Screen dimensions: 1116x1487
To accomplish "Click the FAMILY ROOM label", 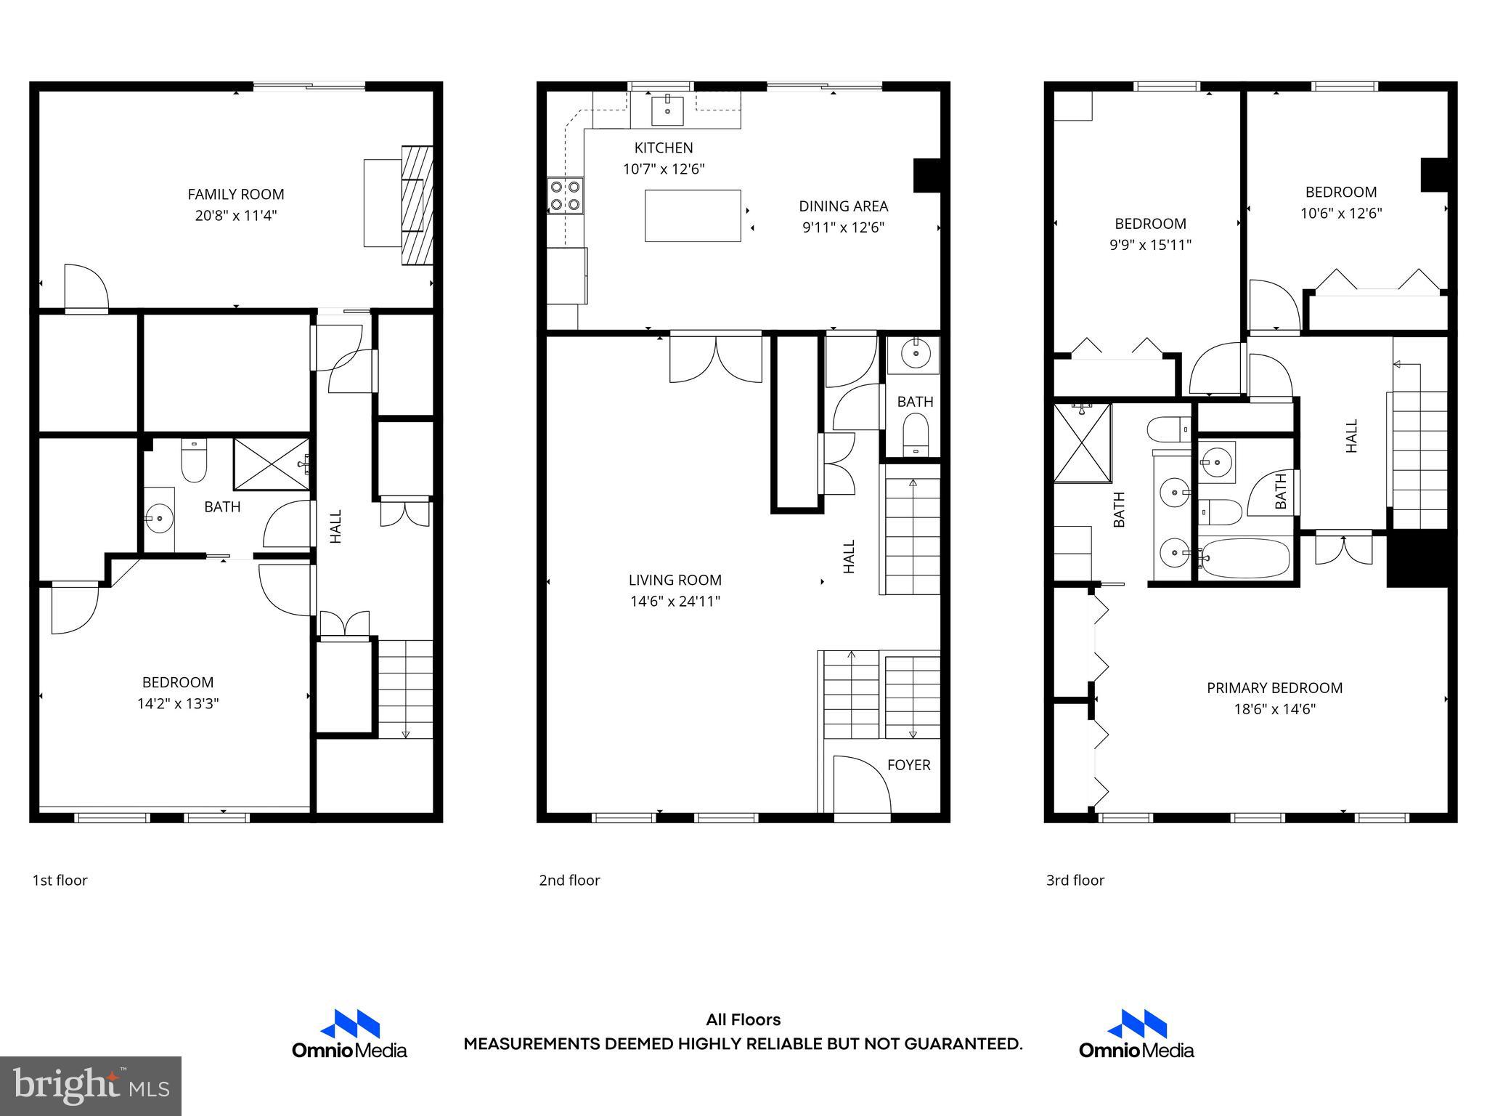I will click(235, 194).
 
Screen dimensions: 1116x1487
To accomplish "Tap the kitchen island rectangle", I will click(693, 216).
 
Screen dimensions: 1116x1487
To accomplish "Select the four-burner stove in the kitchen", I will click(566, 195).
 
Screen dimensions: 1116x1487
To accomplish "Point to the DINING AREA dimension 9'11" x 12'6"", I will click(843, 227).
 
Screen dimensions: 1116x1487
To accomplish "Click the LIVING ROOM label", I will click(675, 580).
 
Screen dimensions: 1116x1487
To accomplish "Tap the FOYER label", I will click(908, 764).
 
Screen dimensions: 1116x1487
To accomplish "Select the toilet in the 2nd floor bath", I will click(915, 433).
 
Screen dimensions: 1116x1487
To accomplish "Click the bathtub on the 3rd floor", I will click(1244, 558).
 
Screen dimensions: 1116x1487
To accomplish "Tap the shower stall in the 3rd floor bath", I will click(1082, 443).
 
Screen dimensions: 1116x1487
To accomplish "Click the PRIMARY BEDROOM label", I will click(1274, 687).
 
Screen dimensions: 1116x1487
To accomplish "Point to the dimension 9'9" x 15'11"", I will click(1150, 245).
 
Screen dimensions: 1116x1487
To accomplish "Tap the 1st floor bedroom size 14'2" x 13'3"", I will click(178, 703).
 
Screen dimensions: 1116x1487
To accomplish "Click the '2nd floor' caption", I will click(569, 880).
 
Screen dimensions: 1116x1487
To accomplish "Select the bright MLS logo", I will click(91, 1085).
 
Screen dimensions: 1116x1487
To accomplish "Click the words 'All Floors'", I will click(743, 1019).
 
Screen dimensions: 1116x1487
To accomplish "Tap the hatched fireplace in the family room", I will click(417, 206).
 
